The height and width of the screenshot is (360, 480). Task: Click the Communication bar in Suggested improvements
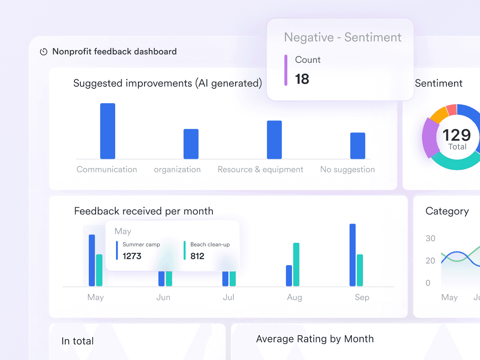point(108,131)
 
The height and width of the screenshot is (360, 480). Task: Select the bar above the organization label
point(191,144)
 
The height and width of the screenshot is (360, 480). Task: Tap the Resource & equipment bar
point(274,140)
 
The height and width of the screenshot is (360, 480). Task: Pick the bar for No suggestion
point(358,146)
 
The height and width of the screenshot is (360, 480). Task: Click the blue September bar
point(352,255)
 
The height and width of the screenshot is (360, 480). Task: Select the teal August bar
point(296,264)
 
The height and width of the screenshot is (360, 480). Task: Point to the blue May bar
point(92,260)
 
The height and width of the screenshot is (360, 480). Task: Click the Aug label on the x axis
point(294,297)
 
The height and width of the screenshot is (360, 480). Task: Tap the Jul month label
point(228,297)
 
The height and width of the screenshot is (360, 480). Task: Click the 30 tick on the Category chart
point(430,238)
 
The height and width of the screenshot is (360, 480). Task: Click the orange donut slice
point(439,114)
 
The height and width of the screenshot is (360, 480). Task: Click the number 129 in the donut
point(457,135)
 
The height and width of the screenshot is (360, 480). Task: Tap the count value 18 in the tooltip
point(302,79)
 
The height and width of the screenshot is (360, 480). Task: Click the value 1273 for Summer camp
point(132,256)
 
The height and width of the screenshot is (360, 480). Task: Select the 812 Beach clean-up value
point(197,256)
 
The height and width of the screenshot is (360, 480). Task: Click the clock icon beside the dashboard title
point(44,52)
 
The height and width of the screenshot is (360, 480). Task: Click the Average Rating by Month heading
point(315,339)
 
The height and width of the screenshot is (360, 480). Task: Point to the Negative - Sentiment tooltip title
point(342,37)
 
